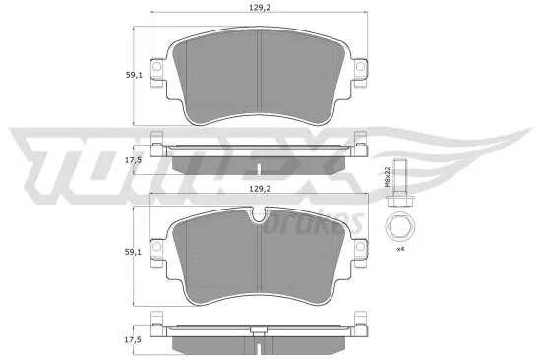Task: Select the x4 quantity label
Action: (x=401, y=250)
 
